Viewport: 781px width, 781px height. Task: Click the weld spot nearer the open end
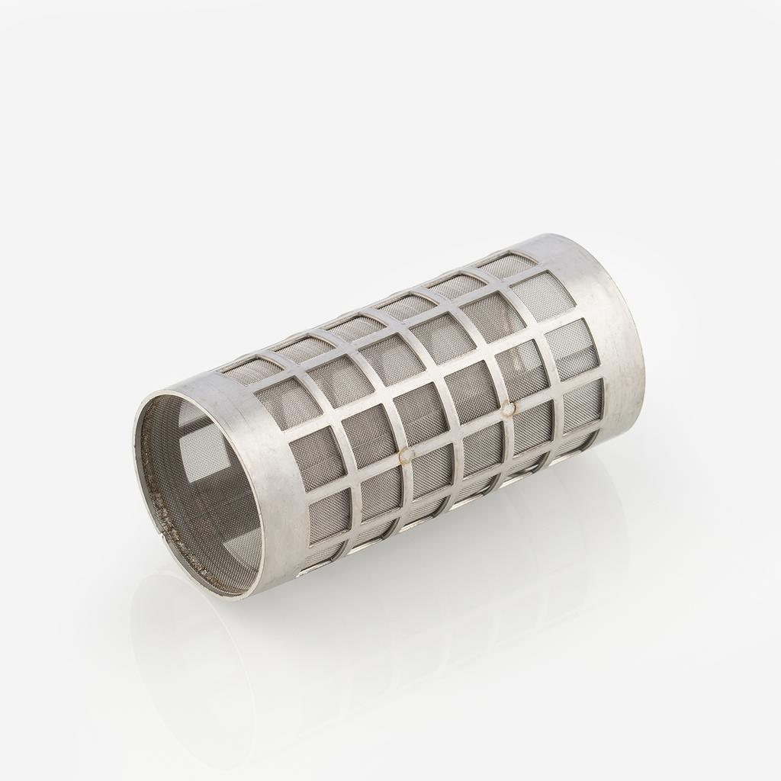click(407, 455)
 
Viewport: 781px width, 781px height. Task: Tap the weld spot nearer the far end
click(508, 408)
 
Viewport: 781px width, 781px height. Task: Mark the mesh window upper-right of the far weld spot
click(522, 370)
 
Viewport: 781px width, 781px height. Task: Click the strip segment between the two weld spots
click(458, 432)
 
